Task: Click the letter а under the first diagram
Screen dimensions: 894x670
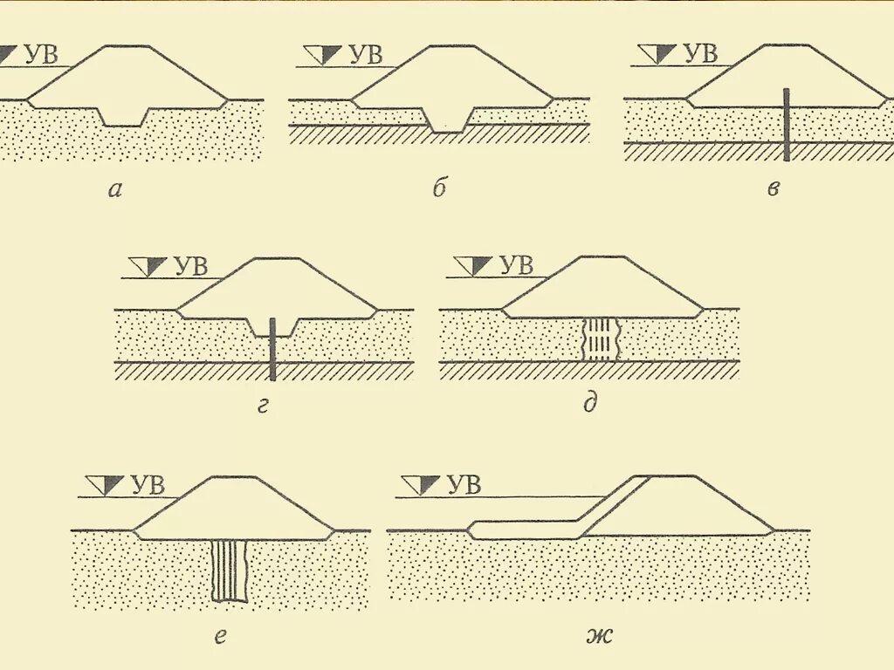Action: pyautogui.click(x=114, y=190)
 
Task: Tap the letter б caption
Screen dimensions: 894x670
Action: pyautogui.click(x=439, y=190)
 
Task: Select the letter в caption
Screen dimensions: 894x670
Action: pyautogui.click(x=773, y=190)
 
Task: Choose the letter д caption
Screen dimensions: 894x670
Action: pyautogui.click(x=590, y=404)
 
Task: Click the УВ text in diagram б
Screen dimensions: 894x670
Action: pyautogui.click(x=365, y=55)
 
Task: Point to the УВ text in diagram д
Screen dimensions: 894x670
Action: pyautogui.click(x=516, y=265)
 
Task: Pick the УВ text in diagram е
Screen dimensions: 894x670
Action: pyautogui.click(x=148, y=485)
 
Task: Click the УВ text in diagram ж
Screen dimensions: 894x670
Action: pyautogui.click(x=464, y=485)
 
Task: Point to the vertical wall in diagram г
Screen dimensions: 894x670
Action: pyautogui.click(x=272, y=349)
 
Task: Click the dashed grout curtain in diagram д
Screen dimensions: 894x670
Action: pyautogui.click(x=600, y=338)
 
